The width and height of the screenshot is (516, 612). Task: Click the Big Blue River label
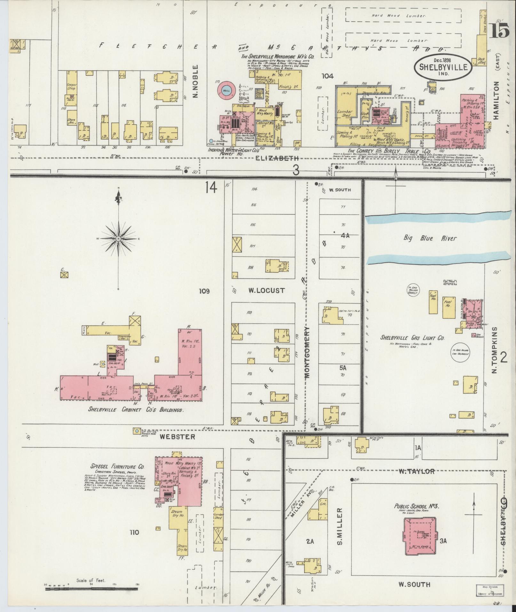coord(430,238)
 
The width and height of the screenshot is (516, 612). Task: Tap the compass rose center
coord(119,239)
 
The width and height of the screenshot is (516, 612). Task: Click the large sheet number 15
coord(498,31)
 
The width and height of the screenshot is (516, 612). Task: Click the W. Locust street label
coord(266,291)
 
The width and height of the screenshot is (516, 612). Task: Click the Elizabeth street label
coord(277,158)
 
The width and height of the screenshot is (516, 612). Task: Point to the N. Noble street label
coord(196,82)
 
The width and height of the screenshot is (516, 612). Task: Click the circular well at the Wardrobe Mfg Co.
coord(226,90)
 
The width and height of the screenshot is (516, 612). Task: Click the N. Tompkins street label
coord(494,350)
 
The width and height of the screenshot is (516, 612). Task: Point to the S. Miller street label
coord(340,526)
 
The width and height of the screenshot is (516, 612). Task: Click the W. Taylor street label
coord(417,471)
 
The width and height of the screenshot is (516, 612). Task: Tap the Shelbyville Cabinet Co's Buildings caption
coord(132,410)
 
